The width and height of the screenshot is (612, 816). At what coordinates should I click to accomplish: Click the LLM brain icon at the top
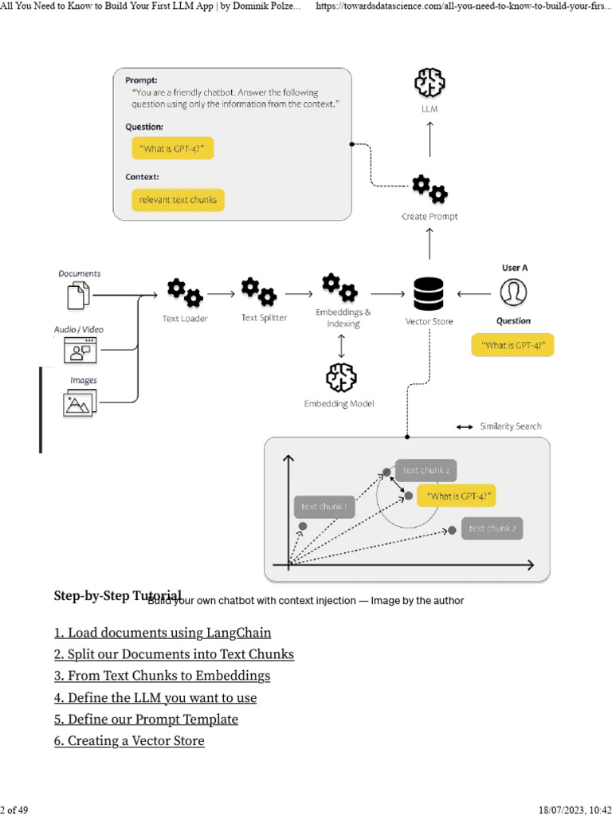(x=430, y=84)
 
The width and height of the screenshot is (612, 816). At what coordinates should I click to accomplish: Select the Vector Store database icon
(x=429, y=294)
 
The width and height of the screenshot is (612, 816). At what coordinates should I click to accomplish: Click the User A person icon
(x=513, y=293)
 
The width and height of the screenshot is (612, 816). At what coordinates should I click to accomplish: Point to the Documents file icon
(x=77, y=296)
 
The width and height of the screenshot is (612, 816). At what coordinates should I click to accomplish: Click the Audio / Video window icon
(x=79, y=350)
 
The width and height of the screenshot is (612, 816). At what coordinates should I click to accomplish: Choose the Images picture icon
(x=79, y=402)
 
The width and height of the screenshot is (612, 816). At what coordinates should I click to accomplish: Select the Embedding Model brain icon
(x=340, y=377)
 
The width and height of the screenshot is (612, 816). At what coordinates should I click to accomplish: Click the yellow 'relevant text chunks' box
(x=178, y=200)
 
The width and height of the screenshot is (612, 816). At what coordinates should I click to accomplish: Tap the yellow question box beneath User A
(x=512, y=345)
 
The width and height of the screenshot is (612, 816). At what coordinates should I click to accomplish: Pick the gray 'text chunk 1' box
(x=324, y=507)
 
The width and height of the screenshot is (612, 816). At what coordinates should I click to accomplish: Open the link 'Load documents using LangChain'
(x=163, y=633)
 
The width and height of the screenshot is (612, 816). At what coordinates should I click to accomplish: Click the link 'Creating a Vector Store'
(x=129, y=740)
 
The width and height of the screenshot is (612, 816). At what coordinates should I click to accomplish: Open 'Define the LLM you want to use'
(x=155, y=697)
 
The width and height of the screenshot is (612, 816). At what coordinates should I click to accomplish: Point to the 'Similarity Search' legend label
(x=510, y=426)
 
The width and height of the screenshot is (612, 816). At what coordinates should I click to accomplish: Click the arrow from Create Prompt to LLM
(x=430, y=141)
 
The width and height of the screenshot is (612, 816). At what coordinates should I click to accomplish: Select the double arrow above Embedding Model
(x=341, y=345)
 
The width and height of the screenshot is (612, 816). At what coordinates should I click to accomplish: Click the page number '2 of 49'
(x=14, y=810)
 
